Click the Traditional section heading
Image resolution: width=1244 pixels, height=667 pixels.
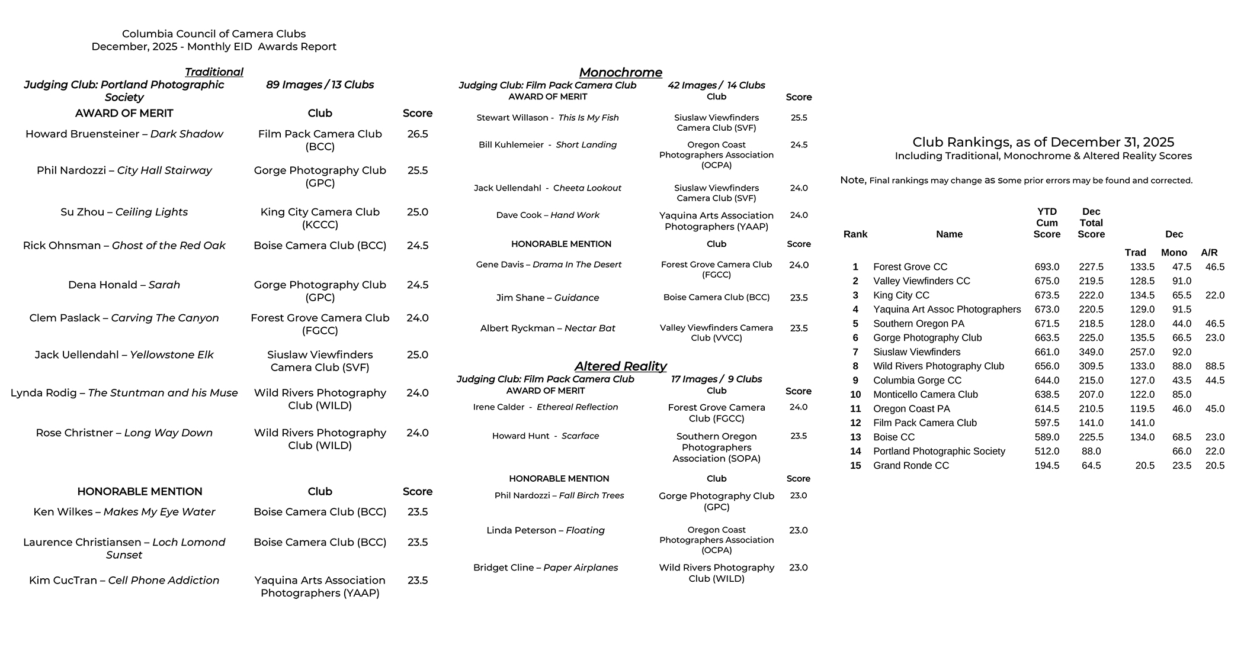[214, 72]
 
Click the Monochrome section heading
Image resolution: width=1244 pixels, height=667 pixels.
[620, 72]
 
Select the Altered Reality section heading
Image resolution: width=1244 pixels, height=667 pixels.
[620, 366]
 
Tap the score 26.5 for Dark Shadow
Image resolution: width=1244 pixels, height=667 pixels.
[417, 134]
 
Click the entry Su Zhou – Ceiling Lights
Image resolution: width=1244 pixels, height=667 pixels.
[124, 212]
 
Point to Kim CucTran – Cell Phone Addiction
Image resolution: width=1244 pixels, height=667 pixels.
[124, 581]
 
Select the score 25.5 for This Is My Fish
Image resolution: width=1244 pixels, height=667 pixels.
[799, 118]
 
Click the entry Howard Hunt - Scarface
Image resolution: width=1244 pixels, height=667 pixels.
[545, 436]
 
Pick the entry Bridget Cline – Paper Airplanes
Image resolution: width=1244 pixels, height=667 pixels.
[545, 568]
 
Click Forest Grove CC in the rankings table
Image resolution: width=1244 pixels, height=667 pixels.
[910, 267]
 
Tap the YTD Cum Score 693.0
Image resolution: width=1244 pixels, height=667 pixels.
[1047, 267]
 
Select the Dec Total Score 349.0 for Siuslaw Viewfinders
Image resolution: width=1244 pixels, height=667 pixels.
[1091, 352]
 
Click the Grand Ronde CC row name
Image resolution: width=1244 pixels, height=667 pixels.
[910, 466]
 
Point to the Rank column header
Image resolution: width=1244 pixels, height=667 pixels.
[855, 234]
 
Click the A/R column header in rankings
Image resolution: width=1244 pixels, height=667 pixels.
[1209, 253]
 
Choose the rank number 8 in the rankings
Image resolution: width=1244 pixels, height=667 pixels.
[855, 366]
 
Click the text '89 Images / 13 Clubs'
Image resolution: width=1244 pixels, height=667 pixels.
[320, 85]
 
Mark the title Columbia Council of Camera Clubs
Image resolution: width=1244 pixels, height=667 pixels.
[214, 34]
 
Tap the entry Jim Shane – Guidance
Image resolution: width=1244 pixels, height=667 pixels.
[547, 298]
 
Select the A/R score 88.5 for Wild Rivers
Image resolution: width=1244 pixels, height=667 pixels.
[1214, 366]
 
